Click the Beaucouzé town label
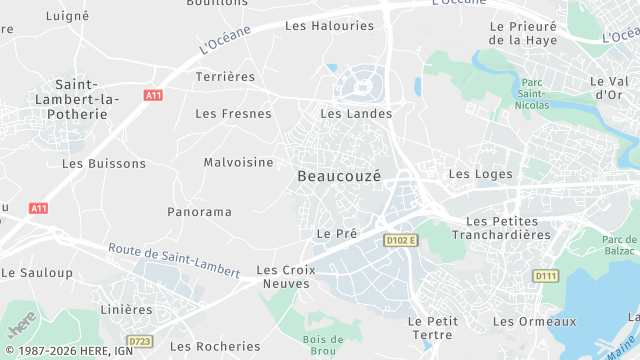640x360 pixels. (x=339, y=175)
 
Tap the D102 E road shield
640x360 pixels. (x=400, y=240)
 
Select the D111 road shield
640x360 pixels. (x=545, y=276)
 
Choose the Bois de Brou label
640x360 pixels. (x=323, y=345)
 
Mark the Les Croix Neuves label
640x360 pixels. (x=285, y=277)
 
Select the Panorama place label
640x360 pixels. (x=199, y=212)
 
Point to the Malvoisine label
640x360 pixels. (x=238, y=162)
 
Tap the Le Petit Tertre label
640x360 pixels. (x=433, y=327)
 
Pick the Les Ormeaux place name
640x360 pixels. (x=535, y=321)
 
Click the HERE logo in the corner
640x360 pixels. (x=21, y=327)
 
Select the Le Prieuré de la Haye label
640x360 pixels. (x=523, y=32)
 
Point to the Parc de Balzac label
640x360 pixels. (x=620, y=246)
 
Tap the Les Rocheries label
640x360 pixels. (x=215, y=346)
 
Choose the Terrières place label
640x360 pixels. (x=225, y=76)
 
